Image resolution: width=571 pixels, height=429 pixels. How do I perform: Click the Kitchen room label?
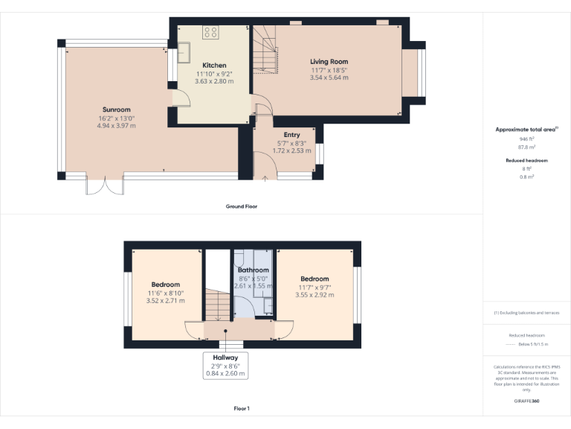[214, 66]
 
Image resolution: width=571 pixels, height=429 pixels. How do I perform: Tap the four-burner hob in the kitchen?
[211, 33]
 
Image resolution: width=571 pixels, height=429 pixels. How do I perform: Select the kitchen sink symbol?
[184, 52]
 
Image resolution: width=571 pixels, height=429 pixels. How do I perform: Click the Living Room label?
[329, 62]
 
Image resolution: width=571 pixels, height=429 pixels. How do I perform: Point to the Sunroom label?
[116, 109]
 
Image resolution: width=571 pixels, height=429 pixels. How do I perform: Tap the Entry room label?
[282, 135]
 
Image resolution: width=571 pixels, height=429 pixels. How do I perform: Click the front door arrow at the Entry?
[265, 177]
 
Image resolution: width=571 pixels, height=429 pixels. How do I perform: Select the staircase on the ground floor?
[265, 49]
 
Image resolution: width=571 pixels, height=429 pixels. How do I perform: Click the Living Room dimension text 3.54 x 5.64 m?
[329, 77]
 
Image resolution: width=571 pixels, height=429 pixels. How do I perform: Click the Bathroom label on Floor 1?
[254, 270]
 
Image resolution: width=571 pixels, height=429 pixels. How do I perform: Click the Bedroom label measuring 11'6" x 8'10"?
[165, 285]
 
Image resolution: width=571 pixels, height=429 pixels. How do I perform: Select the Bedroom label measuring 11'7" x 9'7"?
[315, 279]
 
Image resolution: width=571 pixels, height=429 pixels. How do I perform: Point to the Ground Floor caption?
[242, 206]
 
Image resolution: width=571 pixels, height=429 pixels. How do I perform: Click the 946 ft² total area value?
[526, 139]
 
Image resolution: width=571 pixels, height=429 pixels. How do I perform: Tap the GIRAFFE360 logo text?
[526, 401]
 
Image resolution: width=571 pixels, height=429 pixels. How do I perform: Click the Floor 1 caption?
[242, 409]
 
